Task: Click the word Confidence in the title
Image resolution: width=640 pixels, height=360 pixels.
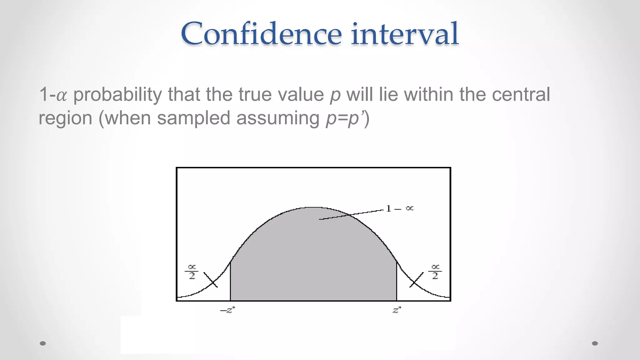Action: [261, 34]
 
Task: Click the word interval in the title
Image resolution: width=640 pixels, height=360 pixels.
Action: [405, 34]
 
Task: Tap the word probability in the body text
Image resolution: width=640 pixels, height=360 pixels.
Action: [117, 95]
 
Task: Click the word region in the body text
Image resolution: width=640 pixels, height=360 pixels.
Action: [65, 118]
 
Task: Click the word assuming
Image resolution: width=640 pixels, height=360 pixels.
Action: [278, 118]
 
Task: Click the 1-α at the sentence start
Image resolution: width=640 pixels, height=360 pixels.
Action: [53, 95]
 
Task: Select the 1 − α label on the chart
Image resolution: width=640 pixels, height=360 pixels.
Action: [399, 208]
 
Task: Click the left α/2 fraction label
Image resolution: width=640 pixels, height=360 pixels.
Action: [192, 272]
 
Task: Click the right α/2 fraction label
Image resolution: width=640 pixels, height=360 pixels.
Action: [435, 272]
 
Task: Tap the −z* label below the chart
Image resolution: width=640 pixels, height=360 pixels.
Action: [227, 310]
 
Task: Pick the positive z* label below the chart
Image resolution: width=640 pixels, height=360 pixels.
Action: [397, 310]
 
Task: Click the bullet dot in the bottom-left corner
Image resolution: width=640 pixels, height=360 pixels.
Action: [43, 343]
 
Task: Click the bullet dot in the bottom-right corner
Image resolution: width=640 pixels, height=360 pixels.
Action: [595, 343]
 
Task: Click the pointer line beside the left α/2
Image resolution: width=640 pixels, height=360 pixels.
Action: [210, 280]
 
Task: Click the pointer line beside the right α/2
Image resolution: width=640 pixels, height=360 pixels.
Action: [417, 280]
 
